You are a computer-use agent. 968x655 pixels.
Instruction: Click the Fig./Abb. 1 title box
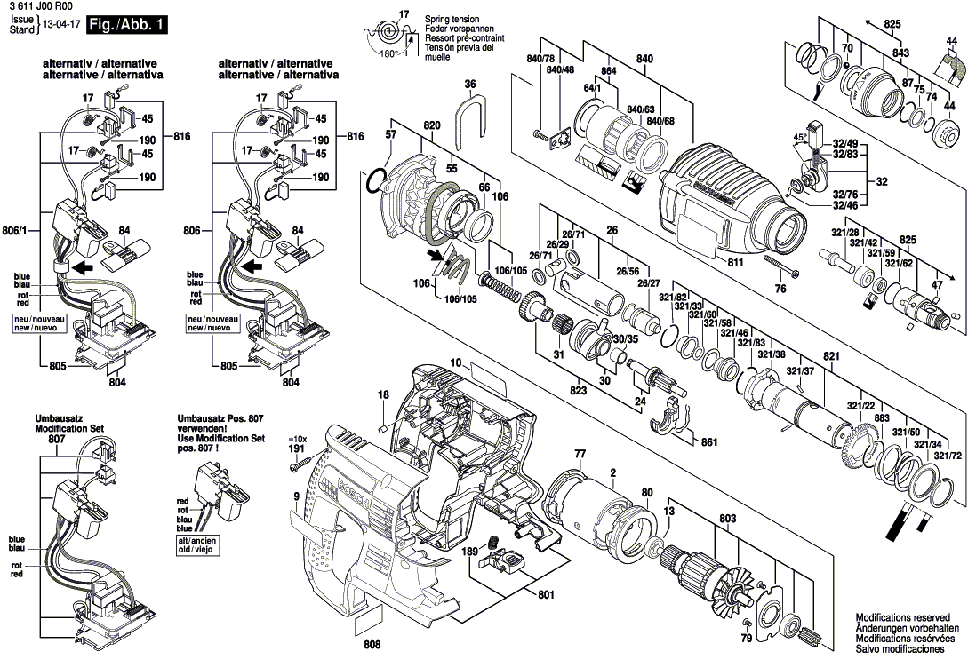(x=127, y=25)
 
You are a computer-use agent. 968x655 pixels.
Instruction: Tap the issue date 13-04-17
(x=61, y=24)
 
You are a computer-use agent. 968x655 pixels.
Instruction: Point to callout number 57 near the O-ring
(x=391, y=134)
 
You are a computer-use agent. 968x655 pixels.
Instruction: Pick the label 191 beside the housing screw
(x=296, y=449)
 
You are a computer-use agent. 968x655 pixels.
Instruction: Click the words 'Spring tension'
(x=452, y=19)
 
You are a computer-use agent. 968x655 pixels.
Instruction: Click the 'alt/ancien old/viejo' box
(x=197, y=545)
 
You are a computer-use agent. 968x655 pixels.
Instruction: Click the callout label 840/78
(x=540, y=59)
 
